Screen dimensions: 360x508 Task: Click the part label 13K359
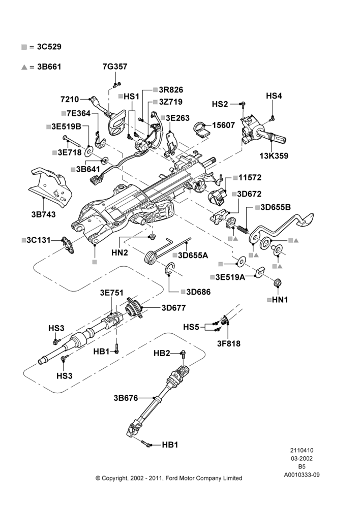(x=274, y=156)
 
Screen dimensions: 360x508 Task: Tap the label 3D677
(x=173, y=307)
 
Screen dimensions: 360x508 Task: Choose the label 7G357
(x=115, y=67)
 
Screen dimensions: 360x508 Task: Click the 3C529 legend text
(x=49, y=47)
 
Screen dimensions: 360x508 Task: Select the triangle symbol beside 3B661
(x=24, y=67)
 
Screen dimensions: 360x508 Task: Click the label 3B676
(x=126, y=398)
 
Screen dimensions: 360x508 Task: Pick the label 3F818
(x=229, y=343)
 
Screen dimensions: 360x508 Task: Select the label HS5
(x=191, y=327)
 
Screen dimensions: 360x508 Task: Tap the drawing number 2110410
(x=302, y=450)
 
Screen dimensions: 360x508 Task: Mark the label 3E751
(x=111, y=293)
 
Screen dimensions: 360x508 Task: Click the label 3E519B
(x=66, y=126)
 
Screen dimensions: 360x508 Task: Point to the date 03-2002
(x=302, y=458)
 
